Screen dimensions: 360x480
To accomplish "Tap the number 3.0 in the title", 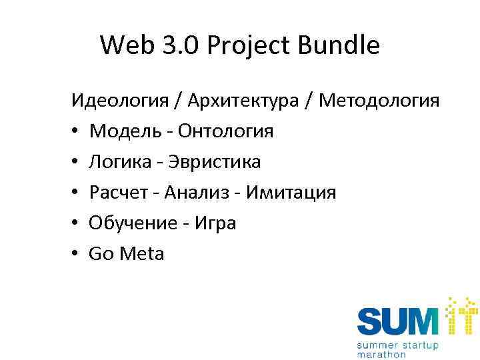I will (x=179, y=45).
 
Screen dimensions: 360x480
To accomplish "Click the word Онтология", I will (x=223, y=131).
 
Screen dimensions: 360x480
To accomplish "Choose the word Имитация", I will (x=291, y=193).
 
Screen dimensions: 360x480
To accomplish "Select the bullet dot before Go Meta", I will (x=77, y=254).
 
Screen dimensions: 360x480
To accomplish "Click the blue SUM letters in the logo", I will (x=398, y=319).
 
